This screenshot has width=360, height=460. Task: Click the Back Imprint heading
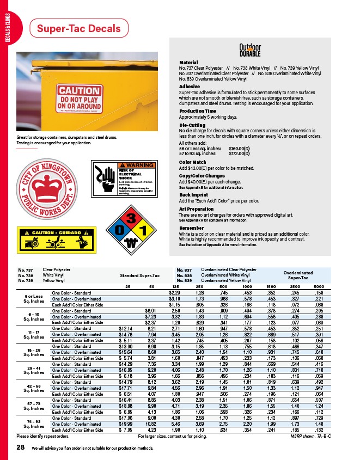tap(192, 194)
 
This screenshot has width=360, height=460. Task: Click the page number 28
tap(21, 446)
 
